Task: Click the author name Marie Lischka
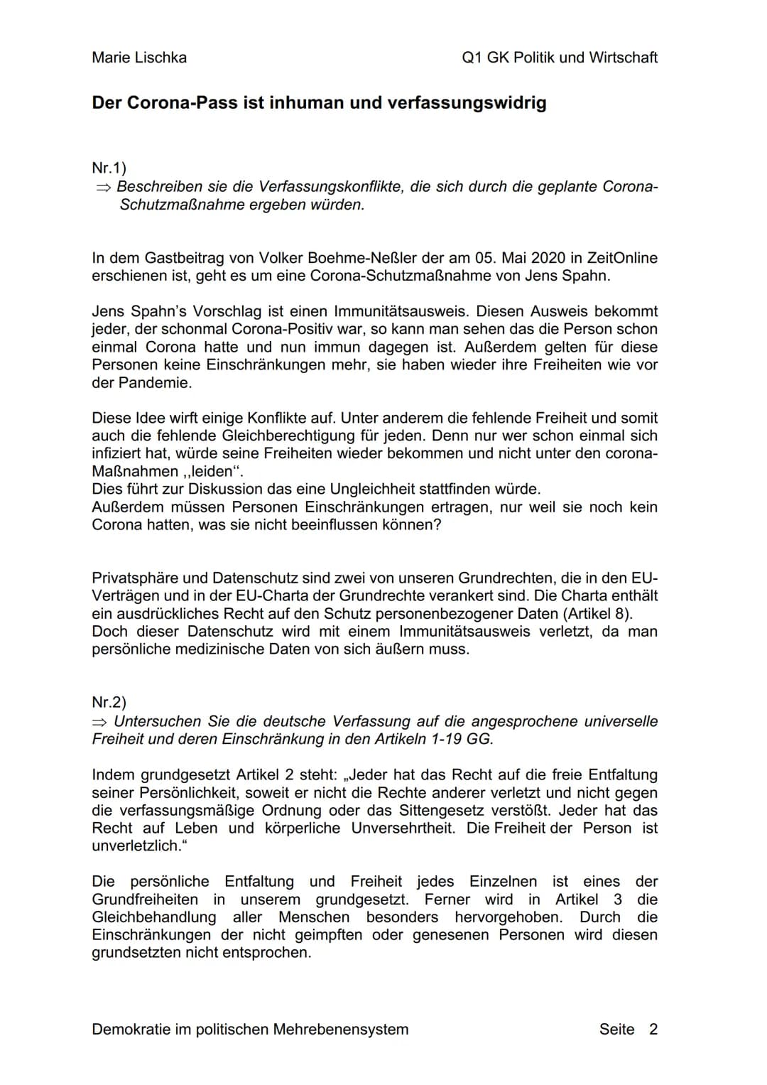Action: point(139,58)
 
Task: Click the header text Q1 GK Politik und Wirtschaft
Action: point(560,58)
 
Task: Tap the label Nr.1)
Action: point(109,168)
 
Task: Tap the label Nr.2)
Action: point(109,703)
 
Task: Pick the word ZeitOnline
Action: point(623,258)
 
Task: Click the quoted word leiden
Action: point(212,472)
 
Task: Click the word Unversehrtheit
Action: point(403,828)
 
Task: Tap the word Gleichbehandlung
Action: point(154,917)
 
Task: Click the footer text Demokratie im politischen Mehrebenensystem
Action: point(250,1030)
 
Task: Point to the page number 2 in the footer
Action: point(653,1030)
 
